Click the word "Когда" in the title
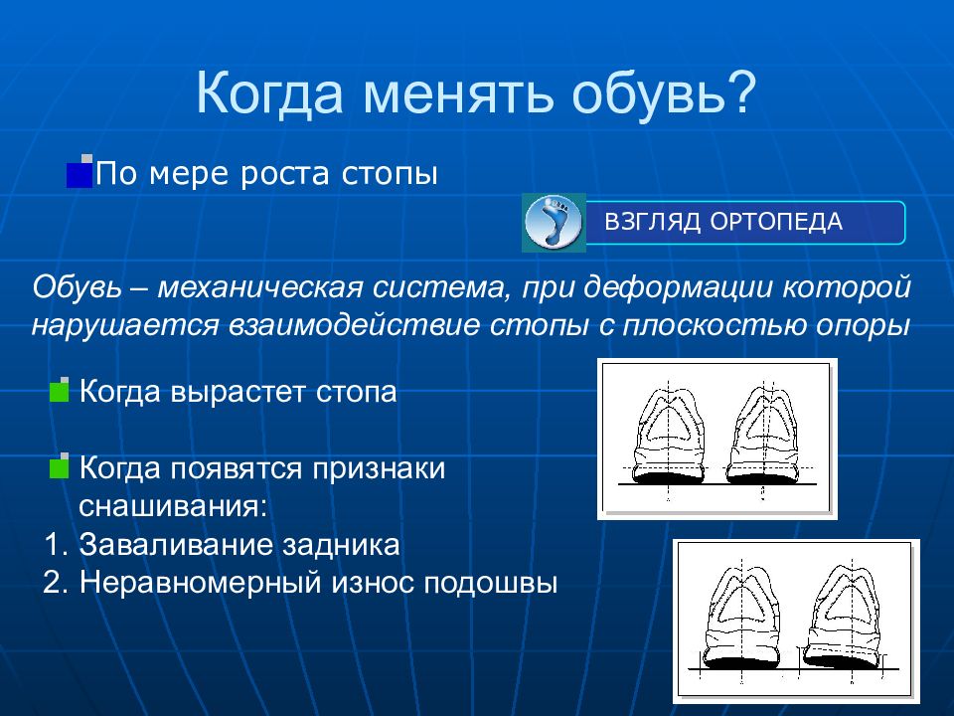270,93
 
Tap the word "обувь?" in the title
664,93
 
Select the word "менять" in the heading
458,95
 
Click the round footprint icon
554,222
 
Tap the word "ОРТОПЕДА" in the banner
776,222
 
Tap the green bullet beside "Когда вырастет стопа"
59,390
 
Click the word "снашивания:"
173,506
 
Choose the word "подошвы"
490,584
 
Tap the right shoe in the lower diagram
843,615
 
